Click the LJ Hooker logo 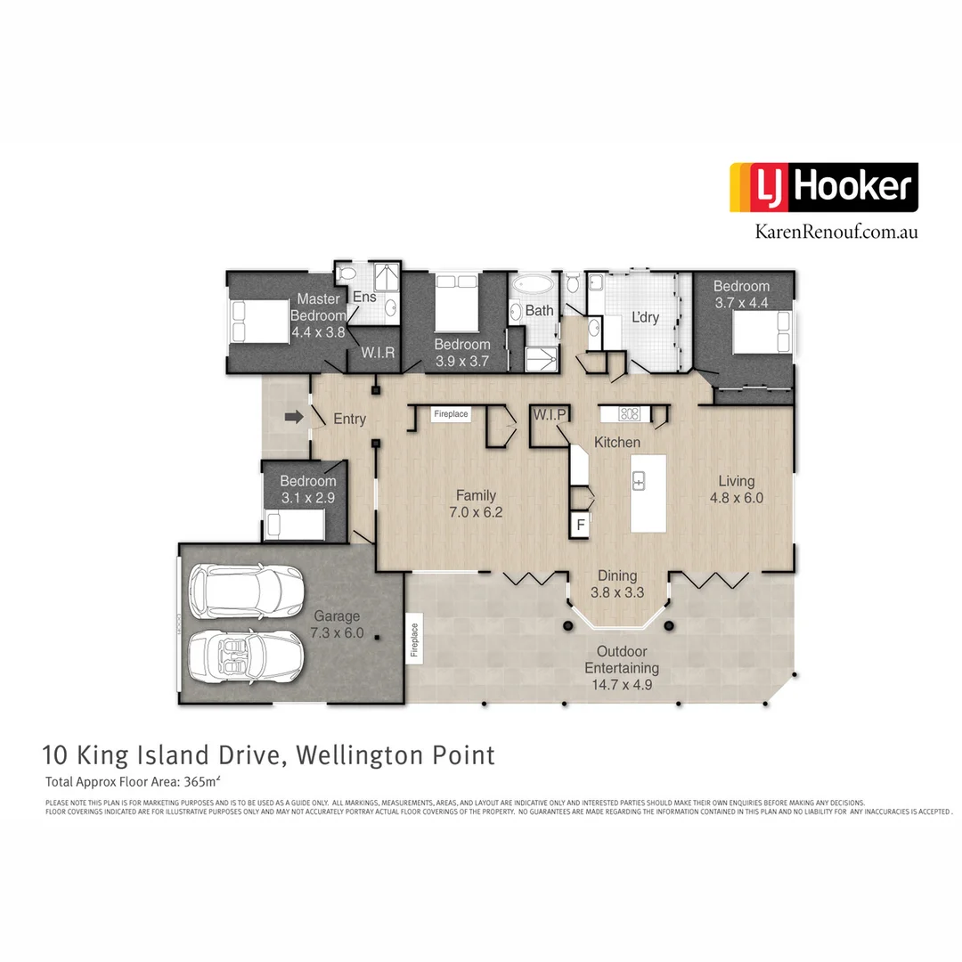coord(823,187)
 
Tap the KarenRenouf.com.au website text coord(836,232)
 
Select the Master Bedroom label coord(318,307)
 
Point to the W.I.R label coord(377,353)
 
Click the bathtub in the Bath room coord(532,287)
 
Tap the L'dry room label coord(645,317)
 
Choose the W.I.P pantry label coord(550,415)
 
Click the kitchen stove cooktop coord(629,413)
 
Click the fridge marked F coord(581,524)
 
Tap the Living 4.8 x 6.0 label coord(737,489)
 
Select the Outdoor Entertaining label coord(621,659)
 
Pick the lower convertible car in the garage coord(243,656)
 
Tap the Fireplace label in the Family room coord(450,414)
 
